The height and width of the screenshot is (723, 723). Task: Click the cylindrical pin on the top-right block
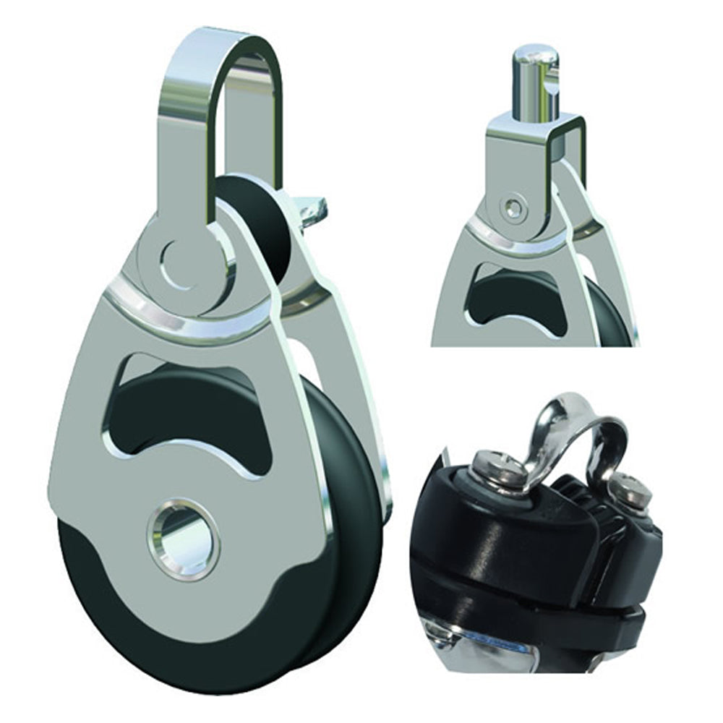click(x=535, y=87)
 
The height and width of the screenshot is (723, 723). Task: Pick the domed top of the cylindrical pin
click(x=535, y=54)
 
